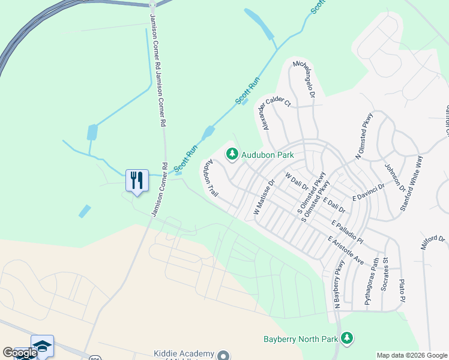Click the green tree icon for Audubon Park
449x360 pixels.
click(232, 155)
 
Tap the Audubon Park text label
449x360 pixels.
click(268, 155)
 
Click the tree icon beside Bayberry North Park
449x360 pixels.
click(347, 338)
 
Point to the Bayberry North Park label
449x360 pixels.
click(301, 339)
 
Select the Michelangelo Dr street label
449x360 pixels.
click(303, 79)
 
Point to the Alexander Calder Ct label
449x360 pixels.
click(276, 112)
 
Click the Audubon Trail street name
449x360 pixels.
click(210, 178)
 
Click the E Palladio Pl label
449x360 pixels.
click(347, 232)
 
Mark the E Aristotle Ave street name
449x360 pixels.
click(346, 250)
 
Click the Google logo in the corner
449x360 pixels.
click(19, 353)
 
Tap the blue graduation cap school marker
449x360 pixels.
click(42, 346)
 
